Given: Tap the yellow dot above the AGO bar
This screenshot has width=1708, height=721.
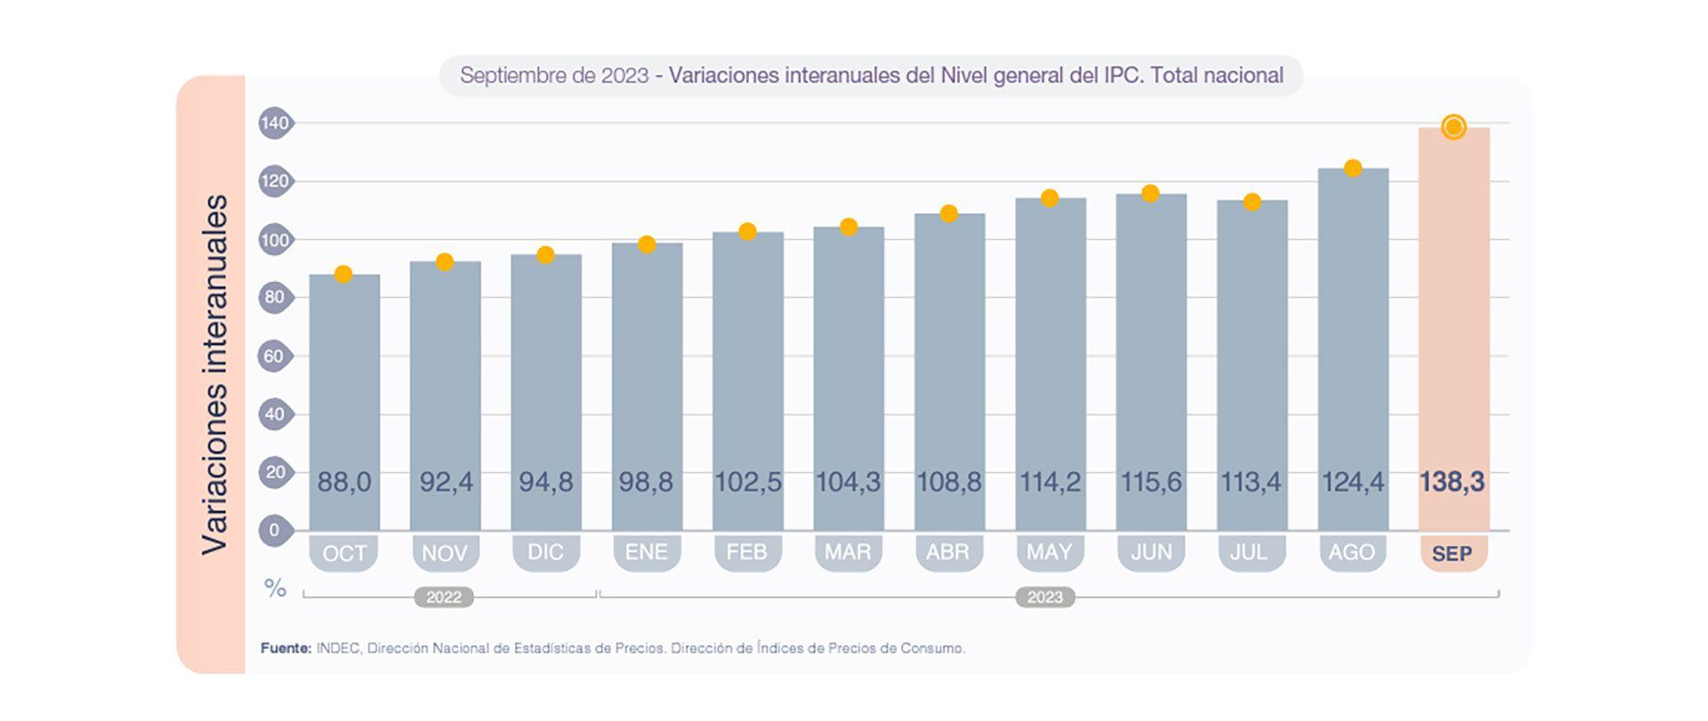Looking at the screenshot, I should tap(1352, 168).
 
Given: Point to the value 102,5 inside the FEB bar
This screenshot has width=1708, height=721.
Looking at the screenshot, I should tap(748, 482).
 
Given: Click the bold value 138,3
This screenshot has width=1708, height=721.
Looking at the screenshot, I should tap(1452, 482).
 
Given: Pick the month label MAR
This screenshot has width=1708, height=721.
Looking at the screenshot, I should tap(848, 552).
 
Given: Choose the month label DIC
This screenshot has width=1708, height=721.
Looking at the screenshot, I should tap(545, 552).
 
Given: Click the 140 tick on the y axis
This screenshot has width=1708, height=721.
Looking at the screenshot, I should tap(275, 123).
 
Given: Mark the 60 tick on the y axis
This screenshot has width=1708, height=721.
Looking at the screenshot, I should tap(275, 356).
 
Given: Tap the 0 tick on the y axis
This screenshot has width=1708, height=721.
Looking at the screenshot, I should tap(275, 530).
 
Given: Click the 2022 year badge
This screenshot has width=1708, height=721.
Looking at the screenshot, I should tap(444, 597).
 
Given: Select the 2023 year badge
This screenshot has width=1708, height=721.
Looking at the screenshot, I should tap(1045, 597).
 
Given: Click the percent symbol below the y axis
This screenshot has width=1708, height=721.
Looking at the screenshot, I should tap(275, 588).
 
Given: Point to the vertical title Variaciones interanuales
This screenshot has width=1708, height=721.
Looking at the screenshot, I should tap(214, 373).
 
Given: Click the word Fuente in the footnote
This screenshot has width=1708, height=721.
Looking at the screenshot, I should tap(286, 648).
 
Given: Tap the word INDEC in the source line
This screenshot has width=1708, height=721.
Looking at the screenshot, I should tap(338, 648).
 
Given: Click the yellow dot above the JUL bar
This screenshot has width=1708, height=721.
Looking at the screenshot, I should tap(1252, 202).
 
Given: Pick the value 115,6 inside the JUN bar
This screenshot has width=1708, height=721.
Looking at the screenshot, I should tap(1151, 482).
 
